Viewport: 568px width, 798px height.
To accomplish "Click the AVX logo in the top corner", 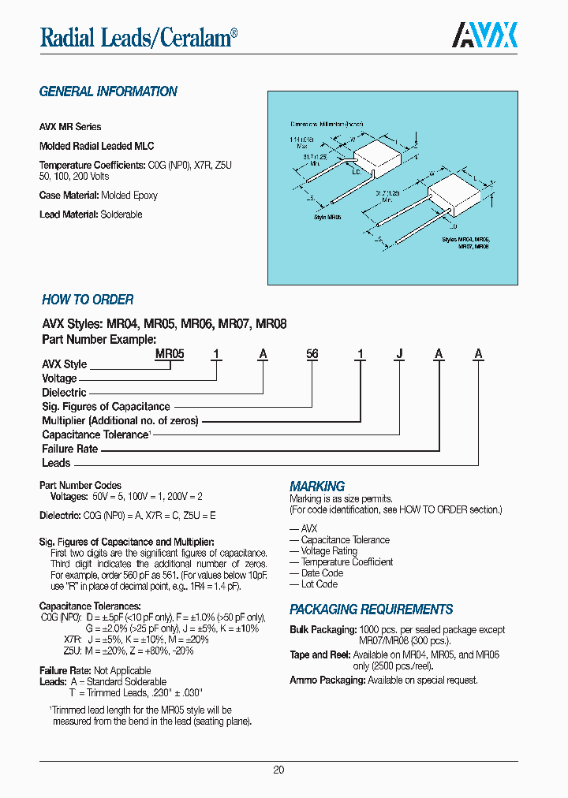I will (x=484, y=35).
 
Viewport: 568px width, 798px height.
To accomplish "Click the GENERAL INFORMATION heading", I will (x=108, y=91).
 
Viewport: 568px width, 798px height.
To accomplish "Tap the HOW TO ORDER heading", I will (x=88, y=300).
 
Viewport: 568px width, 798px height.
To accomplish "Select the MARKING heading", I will (x=317, y=487).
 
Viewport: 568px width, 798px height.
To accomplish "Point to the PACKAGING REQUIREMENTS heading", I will (x=371, y=610).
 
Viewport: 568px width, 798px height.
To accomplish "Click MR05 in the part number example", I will (x=170, y=355).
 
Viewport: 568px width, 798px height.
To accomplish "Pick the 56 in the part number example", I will (x=312, y=355).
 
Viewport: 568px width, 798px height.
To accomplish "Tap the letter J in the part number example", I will (x=400, y=355).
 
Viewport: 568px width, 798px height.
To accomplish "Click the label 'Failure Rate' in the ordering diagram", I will (x=69, y=449).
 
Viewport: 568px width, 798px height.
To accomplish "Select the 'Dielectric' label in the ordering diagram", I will (x=64, y=392).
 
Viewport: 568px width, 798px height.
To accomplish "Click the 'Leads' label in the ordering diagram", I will (x=56, y=463).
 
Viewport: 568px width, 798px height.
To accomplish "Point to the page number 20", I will (x=278, y=770).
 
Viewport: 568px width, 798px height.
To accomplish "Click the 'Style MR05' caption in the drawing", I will (x=327, y=217).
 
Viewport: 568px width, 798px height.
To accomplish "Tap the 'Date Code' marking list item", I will (x=322, y=573).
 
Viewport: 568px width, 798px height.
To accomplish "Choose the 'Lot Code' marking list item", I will (x=319, y=584).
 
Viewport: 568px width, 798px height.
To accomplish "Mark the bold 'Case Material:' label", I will (x=69, y=195).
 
